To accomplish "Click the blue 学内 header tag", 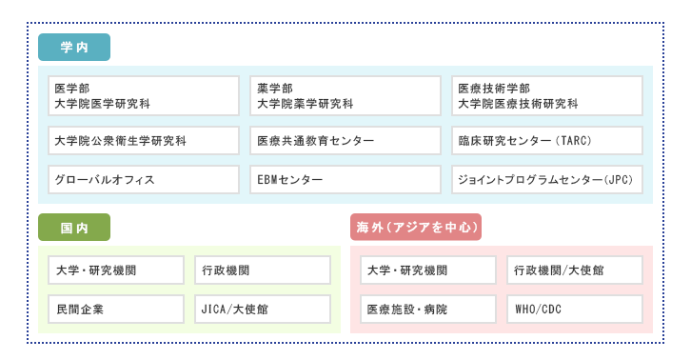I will [x=74, y=47].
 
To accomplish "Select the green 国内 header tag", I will [x=74, y=228].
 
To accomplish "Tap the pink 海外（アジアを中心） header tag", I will [x=416, y=228].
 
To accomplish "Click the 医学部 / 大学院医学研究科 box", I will [x=144, y=96].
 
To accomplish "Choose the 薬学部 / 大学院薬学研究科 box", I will [x=345, y=96].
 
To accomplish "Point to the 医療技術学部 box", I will [x=547, y=96].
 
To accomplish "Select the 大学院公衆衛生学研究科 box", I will [x=144, y=141].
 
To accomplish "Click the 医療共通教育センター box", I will [x=345, y=141].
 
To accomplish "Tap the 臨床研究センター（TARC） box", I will [x=547, y=141].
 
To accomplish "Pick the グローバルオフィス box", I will [x=144, y=179].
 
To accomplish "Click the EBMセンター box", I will [x=345, y=179].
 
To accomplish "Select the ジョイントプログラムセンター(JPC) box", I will [x=547, y=179].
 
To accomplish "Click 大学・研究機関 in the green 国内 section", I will [x=116, y=270].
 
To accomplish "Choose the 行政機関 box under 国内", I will [x=263, y=270].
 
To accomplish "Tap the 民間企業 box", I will [x=116, y=309].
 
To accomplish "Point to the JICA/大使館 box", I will [x=263, y=309].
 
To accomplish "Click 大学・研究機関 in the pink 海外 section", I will [x=428, y=270].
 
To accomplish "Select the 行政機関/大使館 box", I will [x=574, y=270].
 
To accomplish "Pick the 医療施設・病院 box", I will [x=428, y=309].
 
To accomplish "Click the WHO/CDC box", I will [x=574, y=309].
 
